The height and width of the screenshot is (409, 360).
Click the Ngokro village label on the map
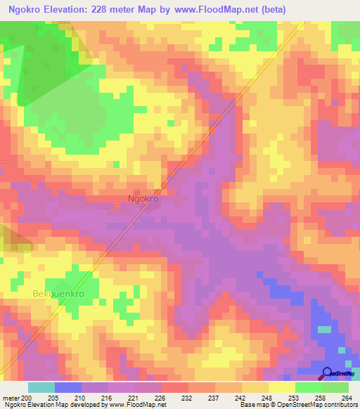tap(143, 199)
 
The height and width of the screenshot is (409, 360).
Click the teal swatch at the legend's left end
tap(41, 387)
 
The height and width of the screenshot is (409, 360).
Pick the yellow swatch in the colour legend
tap(281, 387)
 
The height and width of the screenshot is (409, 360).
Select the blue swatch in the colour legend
tap(68, 387)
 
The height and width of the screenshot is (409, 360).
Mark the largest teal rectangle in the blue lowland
tap(324, 329)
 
